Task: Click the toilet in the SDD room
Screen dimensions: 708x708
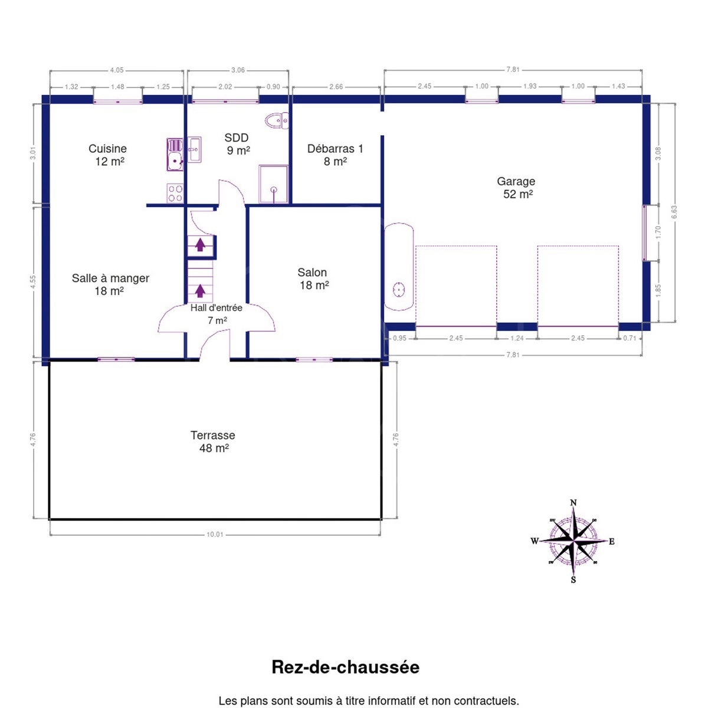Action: [x=277, y=120]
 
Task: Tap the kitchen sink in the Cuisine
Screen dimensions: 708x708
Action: [x=175, y=155]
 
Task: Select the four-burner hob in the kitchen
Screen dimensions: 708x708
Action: [x=175, y=194]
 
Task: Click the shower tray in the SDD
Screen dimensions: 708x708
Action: [x=273, y=184]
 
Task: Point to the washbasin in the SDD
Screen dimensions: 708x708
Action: [x=194, y=149]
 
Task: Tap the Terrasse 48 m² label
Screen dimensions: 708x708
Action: [x=213, y=442]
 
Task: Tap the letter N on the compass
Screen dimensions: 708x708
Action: [x=573, y=503]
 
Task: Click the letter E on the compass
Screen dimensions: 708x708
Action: [x=612, y=542]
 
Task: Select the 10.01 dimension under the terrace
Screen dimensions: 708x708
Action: [x=215, y=535]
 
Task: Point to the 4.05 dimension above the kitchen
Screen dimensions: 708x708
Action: [x=117, y=70]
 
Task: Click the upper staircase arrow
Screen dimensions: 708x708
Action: [x=200, y=244]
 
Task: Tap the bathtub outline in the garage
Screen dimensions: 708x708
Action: [x=399, y=267]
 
